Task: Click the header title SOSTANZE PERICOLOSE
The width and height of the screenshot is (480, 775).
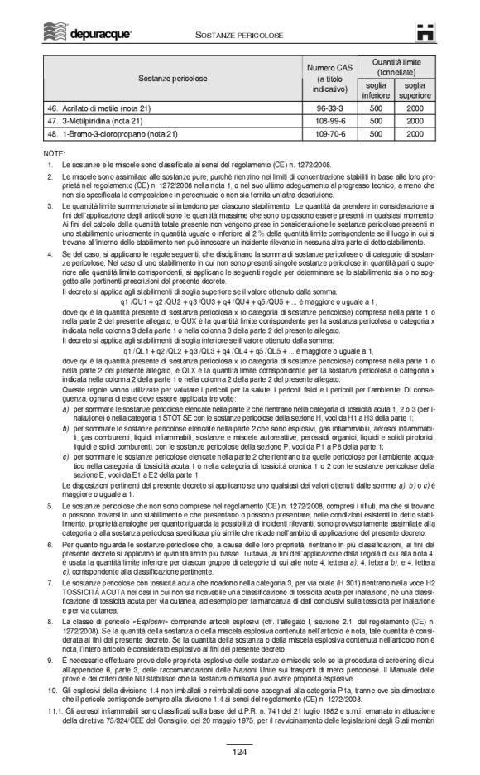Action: pyautogui.click(x=239, y=33)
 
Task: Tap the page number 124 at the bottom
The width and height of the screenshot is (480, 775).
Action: pyautogui.click(x=239, y=752)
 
